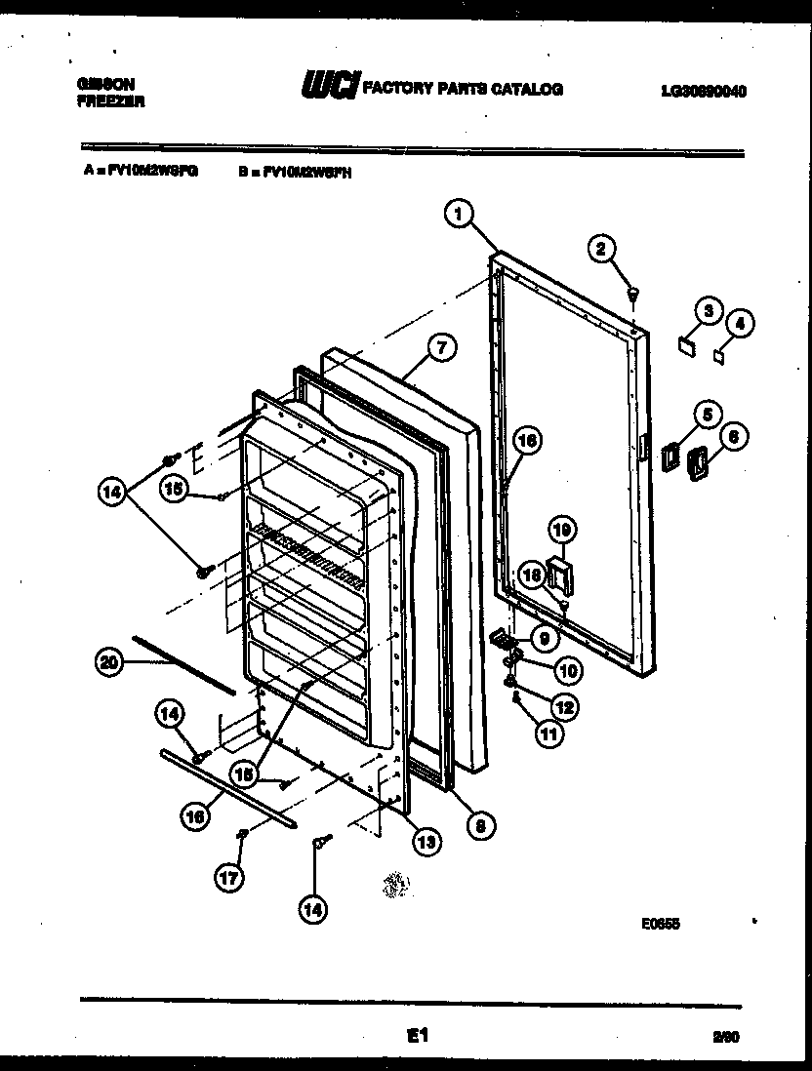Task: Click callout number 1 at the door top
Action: (461, 214)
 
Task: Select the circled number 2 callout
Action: (602, 250)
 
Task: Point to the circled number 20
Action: (111, 662)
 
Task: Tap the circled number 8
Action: (478, 826)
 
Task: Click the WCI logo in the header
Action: (330, 87)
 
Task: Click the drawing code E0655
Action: (660, 926)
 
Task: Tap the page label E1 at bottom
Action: (417, 1037)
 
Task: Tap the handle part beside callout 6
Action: (697, 463)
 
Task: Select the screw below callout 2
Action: (633, 291)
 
